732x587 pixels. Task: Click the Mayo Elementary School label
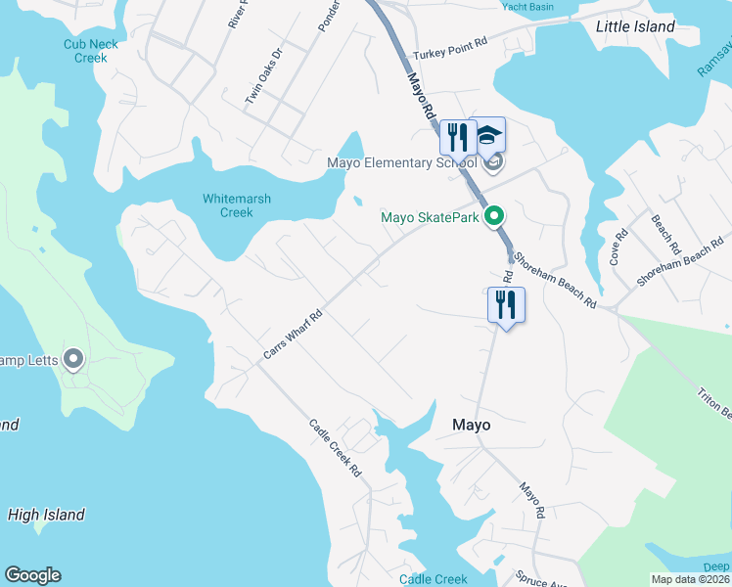pyautogui.click(x=400, y=162)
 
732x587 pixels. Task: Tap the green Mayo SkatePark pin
pyautogui.click(x=496, y=216)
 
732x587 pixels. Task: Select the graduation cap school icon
pyautogui.click(x=486, y=137)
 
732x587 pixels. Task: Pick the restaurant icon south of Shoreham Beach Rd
pyautogui.click(x=506, y=304)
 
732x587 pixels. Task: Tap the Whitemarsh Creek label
pyautogui.click(x=237, y=205)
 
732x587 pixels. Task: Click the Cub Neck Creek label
pyautogui.click(x=91, y=51)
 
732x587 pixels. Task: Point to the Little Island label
pyautogui.click(x=635, y=27)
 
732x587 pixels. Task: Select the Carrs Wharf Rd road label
pyautogui.click(x=293, y=336)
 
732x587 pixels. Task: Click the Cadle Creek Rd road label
pyautogui.click(x=335, y=448)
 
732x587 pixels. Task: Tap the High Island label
pyautogui.click(x=46, y=515)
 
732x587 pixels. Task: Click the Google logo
pyautogui.click(x=32, y=575)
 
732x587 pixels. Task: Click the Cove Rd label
pyautogui.click(x=618, y=248)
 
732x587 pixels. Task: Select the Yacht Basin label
pyautogui.click(x=526, y=7)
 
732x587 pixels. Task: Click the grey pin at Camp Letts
pyautogui.click(x=72, y=359)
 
